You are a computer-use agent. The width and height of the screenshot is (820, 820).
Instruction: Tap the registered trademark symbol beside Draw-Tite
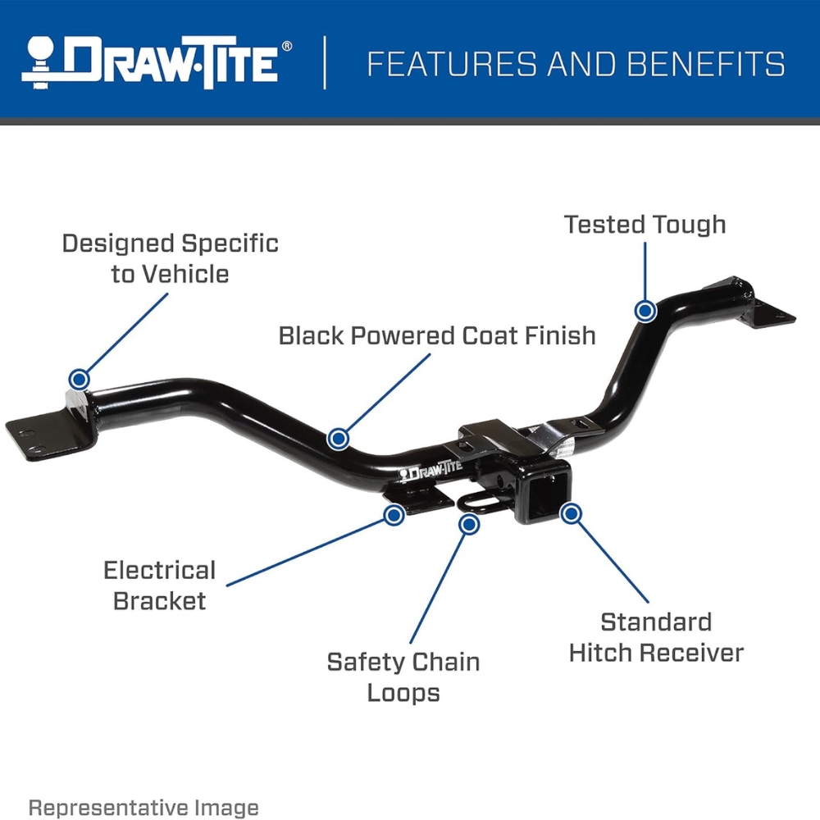(287, 47)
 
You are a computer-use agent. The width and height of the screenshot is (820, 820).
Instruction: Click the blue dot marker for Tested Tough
(645, 311)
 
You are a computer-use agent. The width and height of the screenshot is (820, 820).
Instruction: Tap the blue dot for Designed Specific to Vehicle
(79, 379)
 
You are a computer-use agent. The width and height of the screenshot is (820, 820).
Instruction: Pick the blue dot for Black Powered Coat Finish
(339, 438)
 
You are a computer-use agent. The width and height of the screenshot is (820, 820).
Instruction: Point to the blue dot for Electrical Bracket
(394, 515)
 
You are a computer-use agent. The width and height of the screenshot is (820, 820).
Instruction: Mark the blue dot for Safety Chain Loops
(469, 523)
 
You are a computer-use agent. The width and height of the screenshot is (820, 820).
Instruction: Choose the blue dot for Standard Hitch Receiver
(571, 513)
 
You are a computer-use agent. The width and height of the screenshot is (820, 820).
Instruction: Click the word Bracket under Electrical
(160, 601)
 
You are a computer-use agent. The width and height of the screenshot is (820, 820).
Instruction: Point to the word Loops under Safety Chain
(403, 694)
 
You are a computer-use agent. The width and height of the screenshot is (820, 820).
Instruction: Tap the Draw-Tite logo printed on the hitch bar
(430, 469)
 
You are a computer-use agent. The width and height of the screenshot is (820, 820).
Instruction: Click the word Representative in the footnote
(107, 808)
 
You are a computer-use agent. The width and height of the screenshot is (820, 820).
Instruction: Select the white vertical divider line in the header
(325, 63)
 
